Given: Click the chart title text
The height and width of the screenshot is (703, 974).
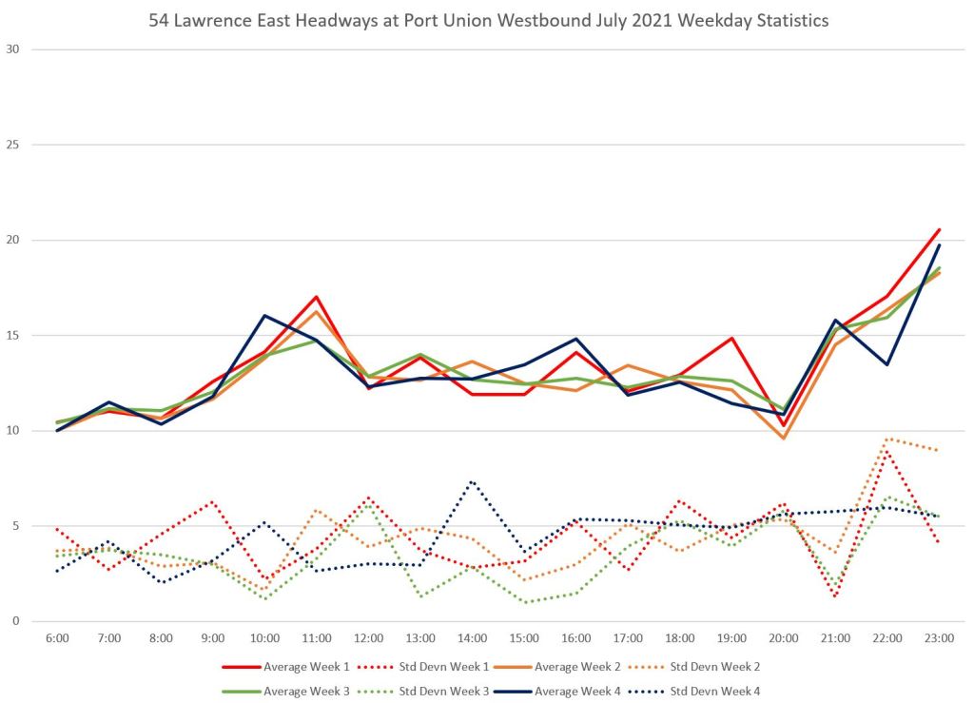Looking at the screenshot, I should (x=489, y=20).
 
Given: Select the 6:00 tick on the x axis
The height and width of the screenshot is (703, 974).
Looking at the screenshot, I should (x=57, y=637).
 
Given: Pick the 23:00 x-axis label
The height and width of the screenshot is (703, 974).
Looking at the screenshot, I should (x=940, y=637).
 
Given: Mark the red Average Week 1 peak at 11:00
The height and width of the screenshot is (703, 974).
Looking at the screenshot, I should (x=316, y=297).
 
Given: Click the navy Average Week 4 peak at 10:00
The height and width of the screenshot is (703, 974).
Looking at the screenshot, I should (x=264, y=316).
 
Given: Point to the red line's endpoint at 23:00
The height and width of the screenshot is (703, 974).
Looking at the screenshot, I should (x=940, y=229).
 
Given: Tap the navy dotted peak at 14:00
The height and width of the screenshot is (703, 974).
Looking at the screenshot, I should (x=472, y=481).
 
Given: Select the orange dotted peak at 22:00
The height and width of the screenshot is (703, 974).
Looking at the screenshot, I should (x=887, y=439).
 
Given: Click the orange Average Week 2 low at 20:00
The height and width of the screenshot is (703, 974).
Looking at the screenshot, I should (x=784, y=438).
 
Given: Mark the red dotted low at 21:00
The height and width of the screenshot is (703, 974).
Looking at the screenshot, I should (x=835, y=596).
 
